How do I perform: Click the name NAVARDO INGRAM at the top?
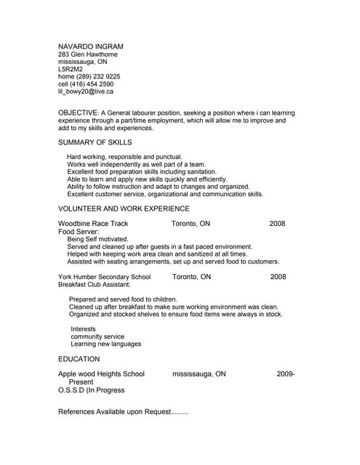pos(90,45)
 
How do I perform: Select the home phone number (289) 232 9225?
pos(89,76)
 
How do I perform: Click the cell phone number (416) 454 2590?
pos(86,84)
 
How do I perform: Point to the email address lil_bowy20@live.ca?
pos(86,92)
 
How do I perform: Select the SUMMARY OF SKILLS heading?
pos(95,142)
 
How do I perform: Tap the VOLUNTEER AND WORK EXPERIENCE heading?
pos(123,209)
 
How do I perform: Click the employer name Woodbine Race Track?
pos(93,224)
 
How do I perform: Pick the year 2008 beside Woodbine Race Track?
pos(277,224)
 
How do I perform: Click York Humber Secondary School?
pos(104,277)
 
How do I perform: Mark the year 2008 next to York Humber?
pos(278,277)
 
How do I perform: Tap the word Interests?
pos(84,329)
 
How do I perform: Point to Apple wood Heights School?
pos(101,374)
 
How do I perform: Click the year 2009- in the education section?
pos(285,374)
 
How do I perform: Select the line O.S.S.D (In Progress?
pos(91,390)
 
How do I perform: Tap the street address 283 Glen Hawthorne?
pos(87,54)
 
